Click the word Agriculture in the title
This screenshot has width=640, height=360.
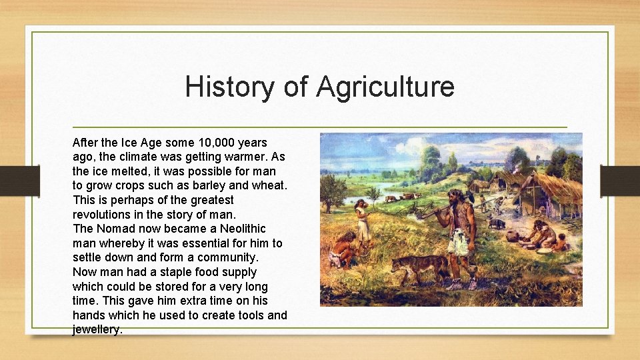[385, 87]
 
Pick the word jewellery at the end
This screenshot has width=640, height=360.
[97, 329]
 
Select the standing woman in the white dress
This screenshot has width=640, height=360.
[362, 223]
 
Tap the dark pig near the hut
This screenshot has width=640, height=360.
[496, 224]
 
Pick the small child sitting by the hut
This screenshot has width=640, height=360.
[561, 242]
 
